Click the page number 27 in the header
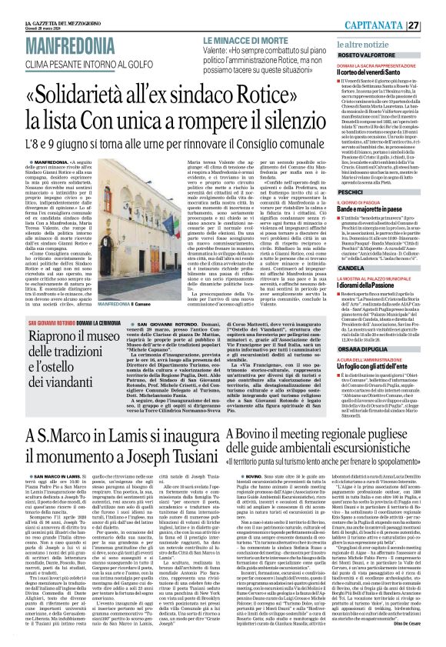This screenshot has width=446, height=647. pyautogui.click(x=436, y=6)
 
